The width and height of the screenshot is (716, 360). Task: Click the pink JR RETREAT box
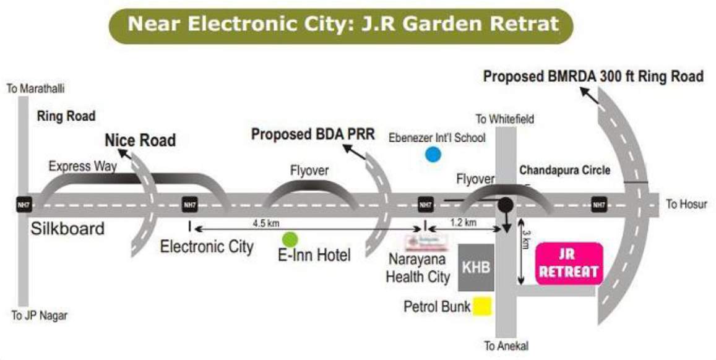(569, 264)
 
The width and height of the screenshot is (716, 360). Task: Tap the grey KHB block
(477, 267)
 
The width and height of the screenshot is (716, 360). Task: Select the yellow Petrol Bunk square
(482, 307)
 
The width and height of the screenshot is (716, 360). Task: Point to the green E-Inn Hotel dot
(289, 239)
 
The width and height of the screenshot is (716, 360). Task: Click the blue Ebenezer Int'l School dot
(433, 155)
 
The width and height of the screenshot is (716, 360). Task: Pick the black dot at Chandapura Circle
(506, 204)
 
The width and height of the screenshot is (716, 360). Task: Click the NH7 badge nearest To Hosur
(598, 205)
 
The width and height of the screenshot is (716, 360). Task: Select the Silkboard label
(68, 229)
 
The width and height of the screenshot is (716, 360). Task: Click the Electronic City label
(207, 246)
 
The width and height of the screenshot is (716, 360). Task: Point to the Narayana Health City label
(418, 267)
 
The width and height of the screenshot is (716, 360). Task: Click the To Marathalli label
(35, 89)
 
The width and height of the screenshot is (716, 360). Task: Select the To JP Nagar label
(39, 316)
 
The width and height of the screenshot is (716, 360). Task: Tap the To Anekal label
(506, 346)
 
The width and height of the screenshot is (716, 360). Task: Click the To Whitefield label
(504, 119)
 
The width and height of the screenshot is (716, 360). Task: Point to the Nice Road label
(140, 140)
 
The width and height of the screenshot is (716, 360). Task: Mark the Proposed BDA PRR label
(313, 134)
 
